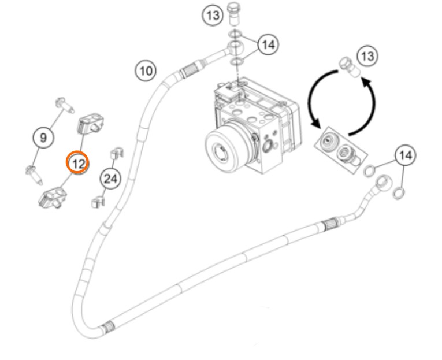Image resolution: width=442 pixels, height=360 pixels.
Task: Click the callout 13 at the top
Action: point(213,15)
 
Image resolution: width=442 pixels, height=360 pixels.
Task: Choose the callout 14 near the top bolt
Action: point(267,44)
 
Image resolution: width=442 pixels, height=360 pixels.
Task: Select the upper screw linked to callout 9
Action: point(65,105)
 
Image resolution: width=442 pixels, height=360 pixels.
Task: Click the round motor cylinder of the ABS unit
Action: point(222,149)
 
